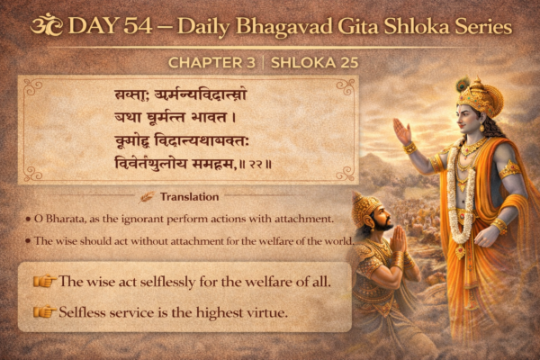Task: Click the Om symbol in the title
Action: pos(43,24)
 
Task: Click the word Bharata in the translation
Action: pos(67,219)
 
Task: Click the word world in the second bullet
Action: pos(336,241)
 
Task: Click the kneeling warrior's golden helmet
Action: pos(367,210)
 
